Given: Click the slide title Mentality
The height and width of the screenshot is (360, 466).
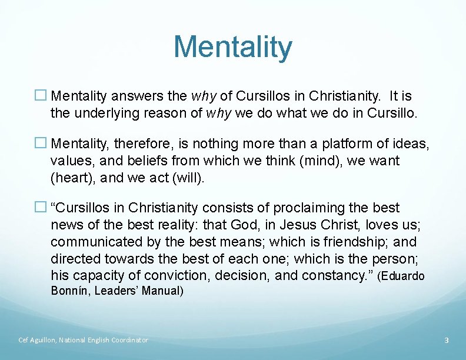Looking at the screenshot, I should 232,47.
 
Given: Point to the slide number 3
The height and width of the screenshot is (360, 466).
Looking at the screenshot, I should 447,340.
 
